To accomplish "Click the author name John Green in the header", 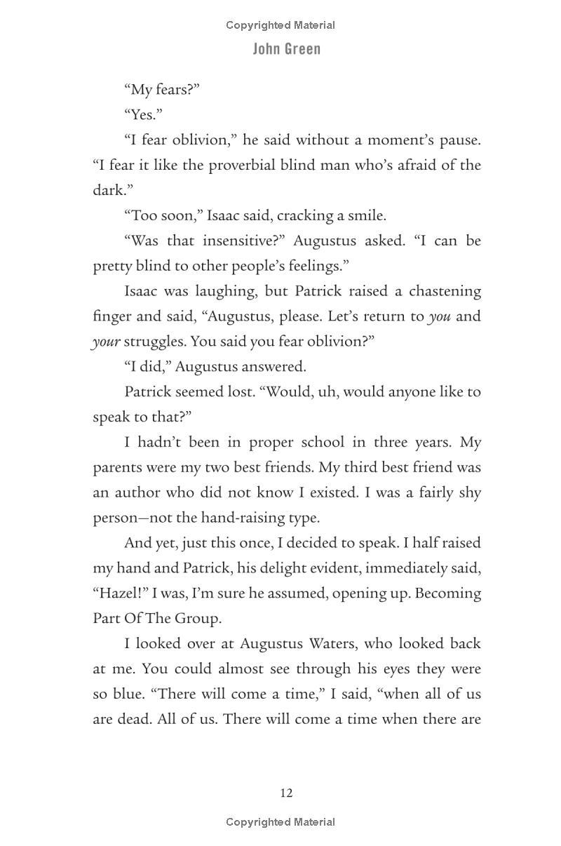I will [x=286, y=49].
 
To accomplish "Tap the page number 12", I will [x=286, y=793].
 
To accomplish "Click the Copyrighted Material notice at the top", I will [x=280, y=25].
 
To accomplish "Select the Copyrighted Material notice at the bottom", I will [x=280, y=822].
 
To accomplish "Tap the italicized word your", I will [x=106, y=342].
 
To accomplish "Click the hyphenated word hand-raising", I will [x=241, y=518].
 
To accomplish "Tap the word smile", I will [x=367, y=215].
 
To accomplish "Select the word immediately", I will [x=414, y=568].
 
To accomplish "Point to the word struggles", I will [x=151, y=342].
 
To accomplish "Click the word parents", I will [x=114, y=467].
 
